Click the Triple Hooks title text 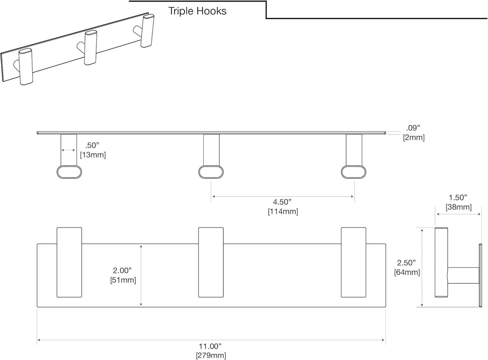click(197, 11)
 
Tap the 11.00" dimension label click(210, 346)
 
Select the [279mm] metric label click(211, 356)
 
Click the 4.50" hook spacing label click(282, 202)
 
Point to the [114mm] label click(283, 211)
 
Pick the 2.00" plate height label click(122, 270)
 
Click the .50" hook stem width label click(92, 145)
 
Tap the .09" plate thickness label click(413, 128)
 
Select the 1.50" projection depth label click(458, 197)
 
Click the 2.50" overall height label click(406, 262)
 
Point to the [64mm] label click(407, 272)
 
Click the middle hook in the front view click(211, 262)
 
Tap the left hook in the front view click(69, 262)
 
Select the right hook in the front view click(353, 262)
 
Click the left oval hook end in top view click(69, 172)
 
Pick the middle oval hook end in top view click(211, 172)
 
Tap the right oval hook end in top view click(353, 172)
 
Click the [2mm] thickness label click(414, 138)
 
